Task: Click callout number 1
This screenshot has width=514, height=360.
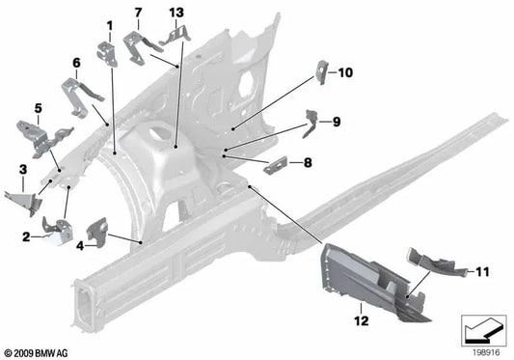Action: (109, 24)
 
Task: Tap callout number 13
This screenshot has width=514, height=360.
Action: (175, 12)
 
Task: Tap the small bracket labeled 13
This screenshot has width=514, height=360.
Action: (176, 36)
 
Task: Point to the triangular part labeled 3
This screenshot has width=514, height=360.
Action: (21, 201)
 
